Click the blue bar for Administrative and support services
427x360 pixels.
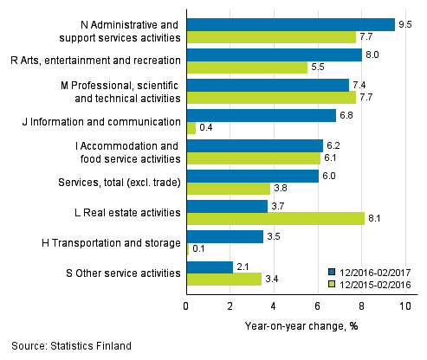(290, 24)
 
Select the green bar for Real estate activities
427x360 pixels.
(275, 218)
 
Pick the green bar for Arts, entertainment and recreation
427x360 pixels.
(247, 67)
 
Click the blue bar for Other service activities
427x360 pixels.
(210, 267)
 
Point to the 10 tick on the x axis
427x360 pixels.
(404, 305)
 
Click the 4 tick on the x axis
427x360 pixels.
(274, 305)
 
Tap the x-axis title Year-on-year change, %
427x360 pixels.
(301, 325)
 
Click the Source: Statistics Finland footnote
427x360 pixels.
(66, 346)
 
